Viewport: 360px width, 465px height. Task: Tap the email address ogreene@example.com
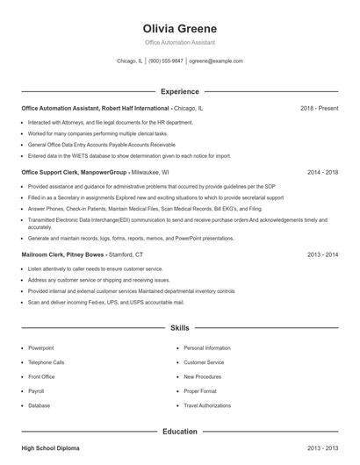click(x=216, y=61)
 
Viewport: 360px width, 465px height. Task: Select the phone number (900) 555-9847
click(x=166, y=61)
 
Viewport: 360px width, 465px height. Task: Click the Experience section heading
click(x=179, y=91)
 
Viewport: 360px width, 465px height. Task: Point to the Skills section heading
click(x=179, y=327)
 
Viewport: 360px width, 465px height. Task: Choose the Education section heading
click(x=179, y=432)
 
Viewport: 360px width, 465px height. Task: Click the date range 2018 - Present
click(x=319, y=108)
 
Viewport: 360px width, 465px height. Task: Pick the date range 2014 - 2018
click(x=322, y=173)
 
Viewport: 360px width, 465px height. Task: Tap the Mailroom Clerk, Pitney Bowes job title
click(x=64, y=254)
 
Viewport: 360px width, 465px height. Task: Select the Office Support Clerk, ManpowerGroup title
click(x=75, y=173)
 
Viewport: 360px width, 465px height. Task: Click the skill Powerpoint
click(x=40, y=348)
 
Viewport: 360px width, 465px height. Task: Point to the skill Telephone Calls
click(x=47, y=362)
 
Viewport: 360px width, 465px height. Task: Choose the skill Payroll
click(x=36, y=391)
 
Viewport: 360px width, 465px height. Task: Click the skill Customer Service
click(x=204, y=362)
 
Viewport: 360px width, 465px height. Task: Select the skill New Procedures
click(x=203, y=377)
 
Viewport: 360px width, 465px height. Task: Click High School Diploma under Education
click(x=50, y=448)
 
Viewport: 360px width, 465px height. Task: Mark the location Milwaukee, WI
click(x=150, y=173)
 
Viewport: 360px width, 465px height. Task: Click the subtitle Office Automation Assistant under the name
click(x=179, y=42)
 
